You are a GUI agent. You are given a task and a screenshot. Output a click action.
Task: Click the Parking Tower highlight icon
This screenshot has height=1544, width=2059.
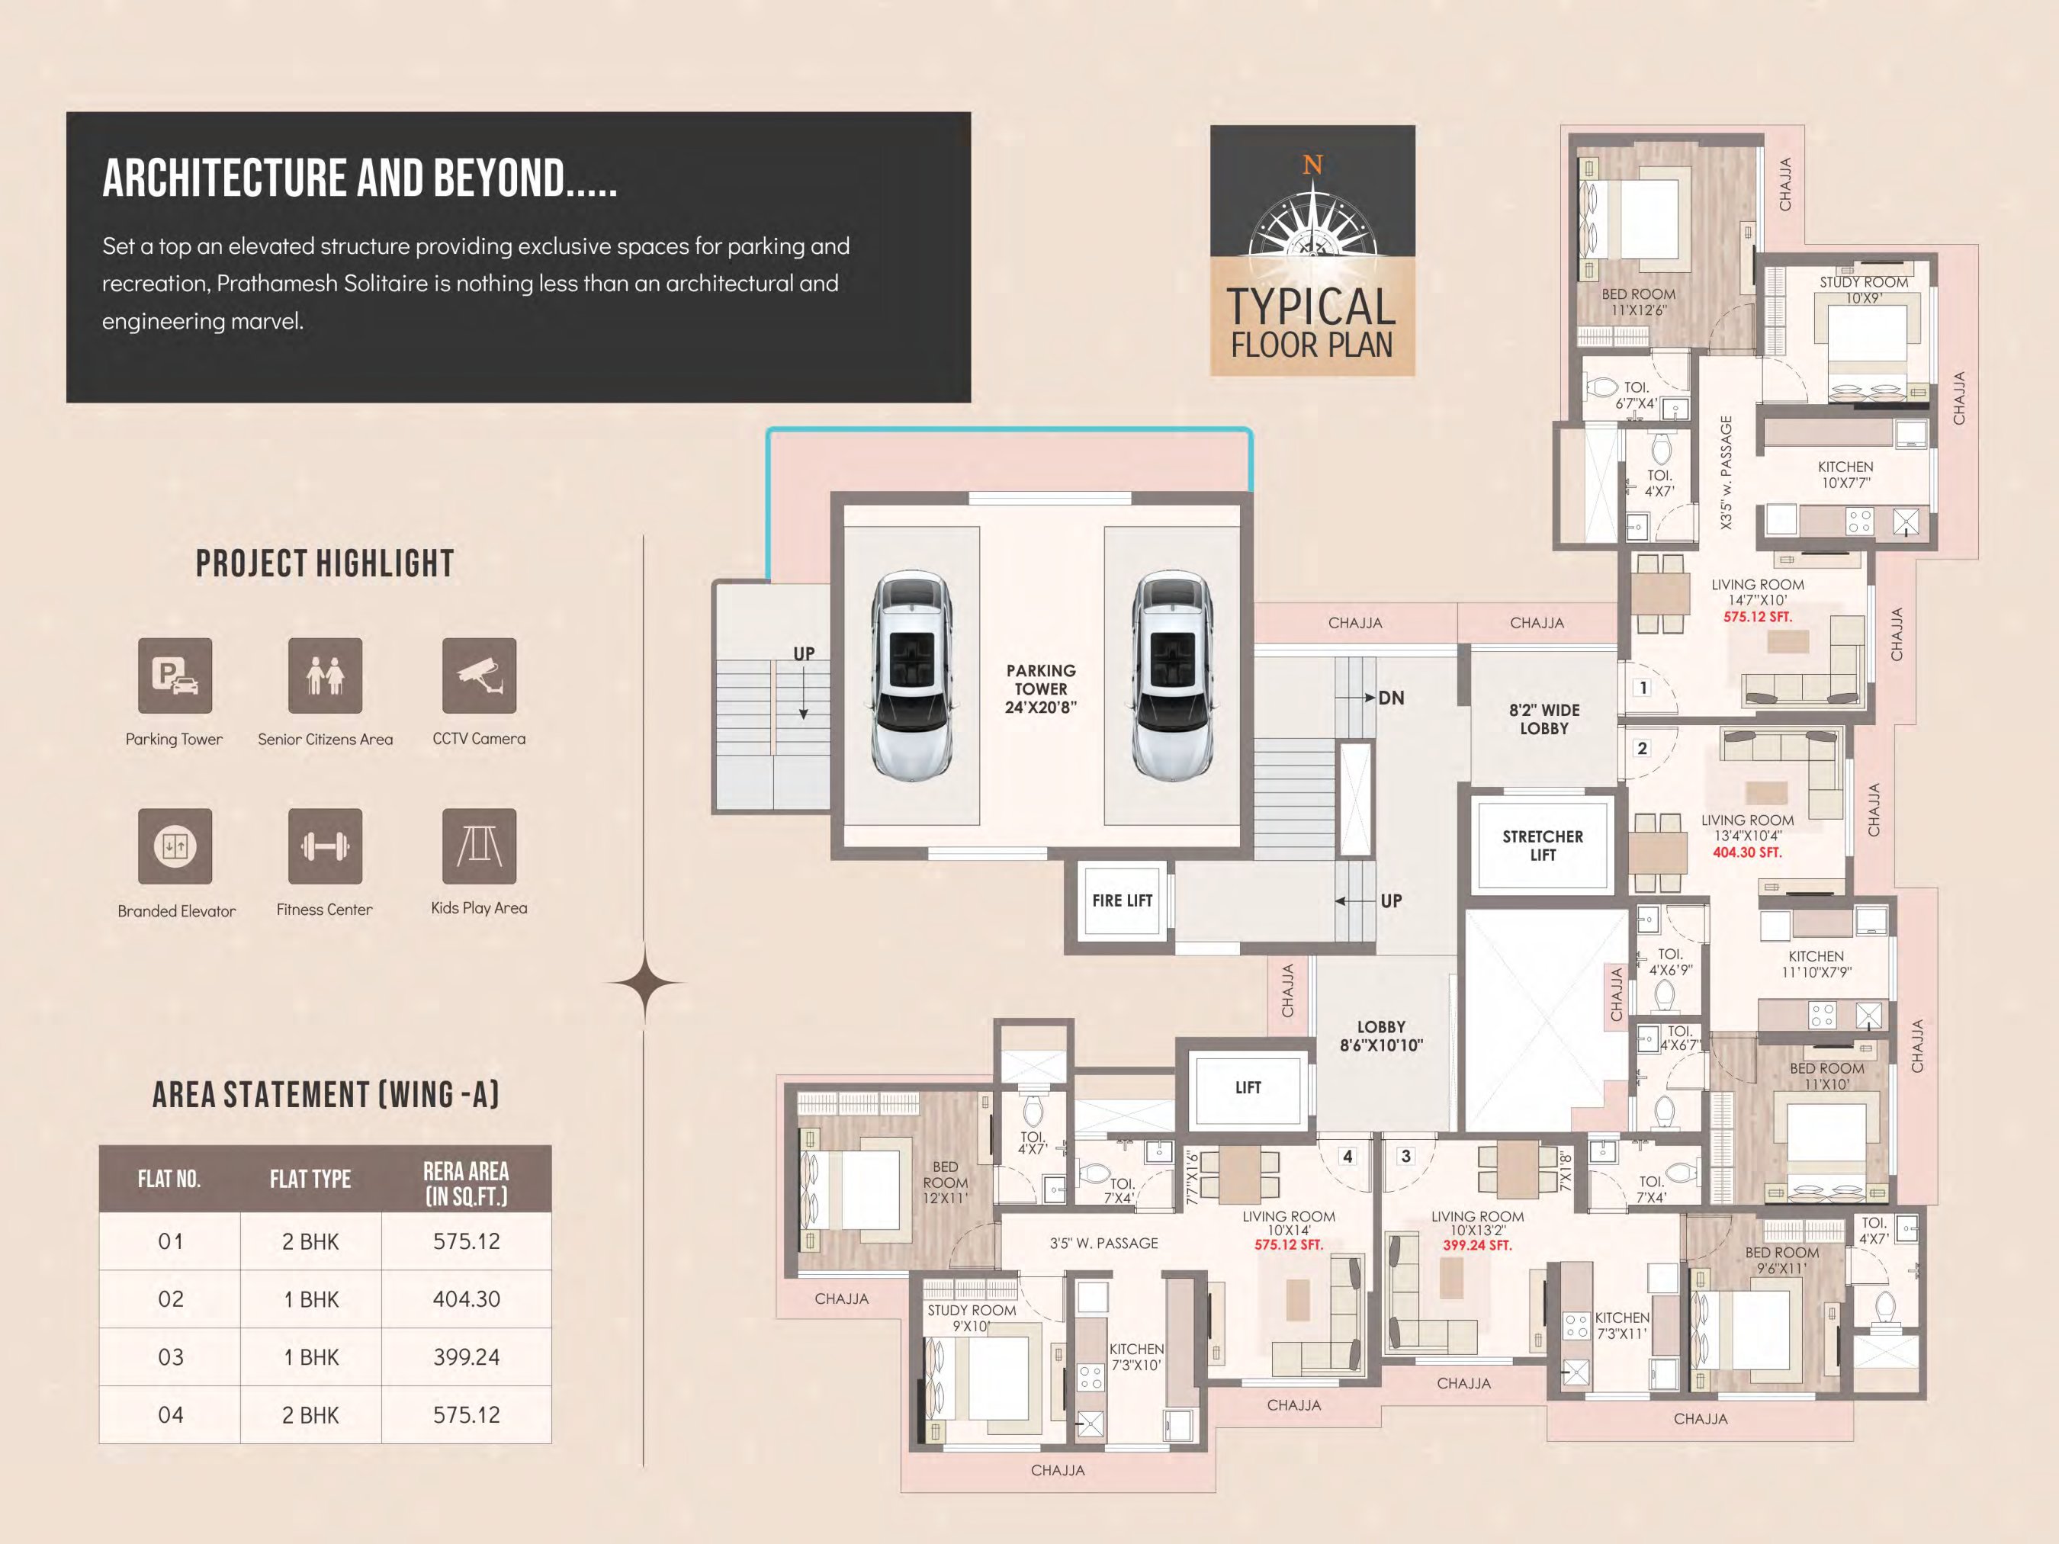pyautogui.click(x=175, y=676)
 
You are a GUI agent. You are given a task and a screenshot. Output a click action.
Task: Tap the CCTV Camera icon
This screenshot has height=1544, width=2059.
pyautogui.click(x=480, y=676)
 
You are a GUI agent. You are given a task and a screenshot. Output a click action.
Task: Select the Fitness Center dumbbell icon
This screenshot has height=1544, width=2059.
pyautogui.click(x=325, y=846)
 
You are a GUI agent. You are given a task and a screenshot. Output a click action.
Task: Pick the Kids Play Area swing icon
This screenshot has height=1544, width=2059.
pyautogui.click(x=480, y=846)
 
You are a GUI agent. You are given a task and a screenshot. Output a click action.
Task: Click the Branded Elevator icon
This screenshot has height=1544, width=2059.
pyautogui.click(x=175, y=846)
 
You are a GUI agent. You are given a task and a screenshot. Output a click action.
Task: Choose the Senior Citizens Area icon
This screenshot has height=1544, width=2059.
pyautogui.click(x=325, y=676)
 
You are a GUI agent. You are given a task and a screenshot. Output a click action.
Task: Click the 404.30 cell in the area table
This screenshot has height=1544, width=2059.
pyautogui.click(x=467, y=1299)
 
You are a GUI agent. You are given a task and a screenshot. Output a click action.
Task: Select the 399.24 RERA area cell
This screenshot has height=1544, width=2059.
pyautogui.click(x=467, y=1357)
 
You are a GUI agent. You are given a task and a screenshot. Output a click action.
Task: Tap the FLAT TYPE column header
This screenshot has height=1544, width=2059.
pyautogui.click(x=310, y=1180)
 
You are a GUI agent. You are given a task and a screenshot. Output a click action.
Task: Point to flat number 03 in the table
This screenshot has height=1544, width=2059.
pyautogui.click(x=170, y=1357)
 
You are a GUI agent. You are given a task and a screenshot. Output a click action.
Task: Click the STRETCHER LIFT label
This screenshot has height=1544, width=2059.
pyautogui.click(x=1543, y=845)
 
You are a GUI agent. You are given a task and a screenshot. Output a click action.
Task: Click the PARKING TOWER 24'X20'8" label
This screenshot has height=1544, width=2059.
pyautogui.click(x=1041, y=689)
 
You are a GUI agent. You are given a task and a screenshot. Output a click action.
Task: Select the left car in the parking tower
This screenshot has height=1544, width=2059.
pyautogui.click(x=911, y=676)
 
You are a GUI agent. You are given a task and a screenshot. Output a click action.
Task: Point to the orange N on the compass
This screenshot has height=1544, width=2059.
pyautogui.click(x=1312, y=165)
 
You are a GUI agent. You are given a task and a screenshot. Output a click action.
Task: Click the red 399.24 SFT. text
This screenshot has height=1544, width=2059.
pyautogui.click(x=1477, y=1245)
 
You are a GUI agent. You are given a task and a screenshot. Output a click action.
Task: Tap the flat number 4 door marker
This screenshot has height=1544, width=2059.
pyautogui.click(x=1347, y=1156)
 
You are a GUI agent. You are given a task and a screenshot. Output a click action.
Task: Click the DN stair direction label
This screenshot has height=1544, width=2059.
pyautogui.click(x=1391, y=698)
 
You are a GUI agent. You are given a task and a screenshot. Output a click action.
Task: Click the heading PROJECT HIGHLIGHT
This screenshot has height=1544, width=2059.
pyautogui.click(x=325, y=563)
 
